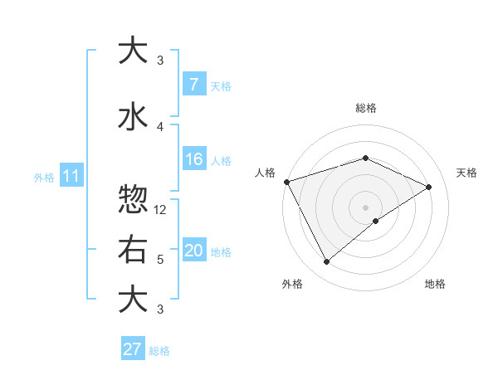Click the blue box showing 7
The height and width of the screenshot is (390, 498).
click(193, 85)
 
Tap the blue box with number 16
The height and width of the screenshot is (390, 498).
click(193, 159)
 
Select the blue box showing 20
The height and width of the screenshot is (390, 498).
click(193, 251)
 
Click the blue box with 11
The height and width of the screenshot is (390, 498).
click(71, 176)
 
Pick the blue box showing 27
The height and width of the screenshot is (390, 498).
click(132, 349)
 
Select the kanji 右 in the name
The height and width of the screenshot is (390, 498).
click(133, 250)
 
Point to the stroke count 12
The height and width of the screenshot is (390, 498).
click(161, 210)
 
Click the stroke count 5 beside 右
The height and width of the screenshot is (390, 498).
click(160, 260)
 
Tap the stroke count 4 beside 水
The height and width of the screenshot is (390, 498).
click(160, 126)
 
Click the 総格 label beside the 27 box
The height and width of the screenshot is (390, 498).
click(159, 350)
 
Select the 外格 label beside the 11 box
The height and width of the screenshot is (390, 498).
click(44, 177)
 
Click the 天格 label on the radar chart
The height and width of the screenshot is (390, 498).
click(466, 173)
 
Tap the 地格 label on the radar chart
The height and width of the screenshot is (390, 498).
click(435, 284)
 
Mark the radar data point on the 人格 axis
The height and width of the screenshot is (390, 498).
click(286, 182)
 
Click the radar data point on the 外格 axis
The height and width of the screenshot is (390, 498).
click(326, 261)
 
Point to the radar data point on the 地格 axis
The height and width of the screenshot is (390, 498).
click(376, 221)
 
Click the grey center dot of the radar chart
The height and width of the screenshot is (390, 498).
click(365, 207)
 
